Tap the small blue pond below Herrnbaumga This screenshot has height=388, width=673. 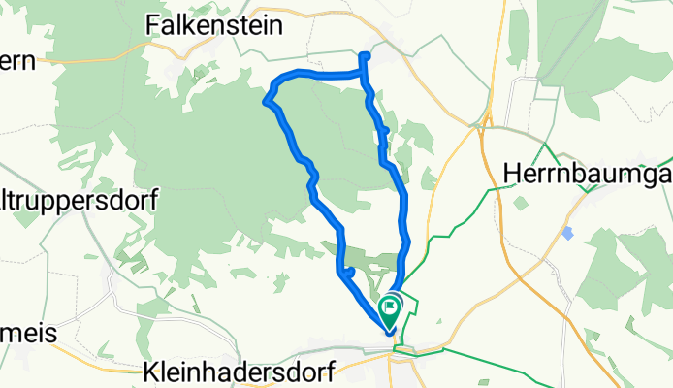click(x=566, y=233)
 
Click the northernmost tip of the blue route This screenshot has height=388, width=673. click(x=364, y=55)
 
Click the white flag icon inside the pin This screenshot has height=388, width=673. click(x=390, y=308)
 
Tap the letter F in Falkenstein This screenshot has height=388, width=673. click(x=152, y=25)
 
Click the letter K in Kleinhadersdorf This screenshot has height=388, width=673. click(x=151, y=371)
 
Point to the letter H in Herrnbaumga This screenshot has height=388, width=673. click(x=514, y=171)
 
